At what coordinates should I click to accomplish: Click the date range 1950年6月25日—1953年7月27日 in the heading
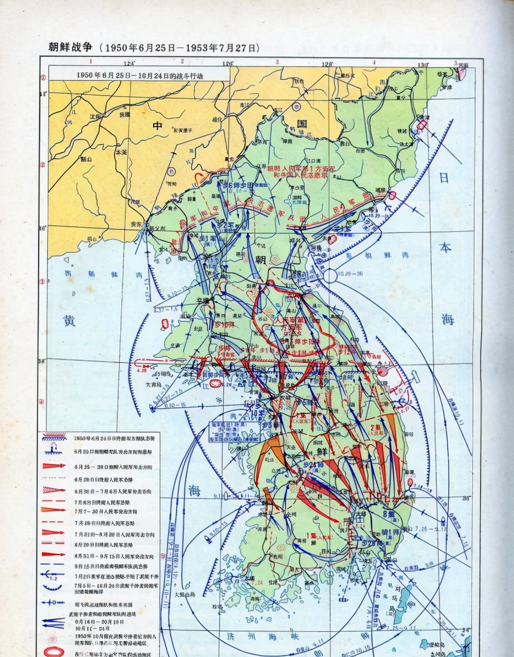[x=180, y=48]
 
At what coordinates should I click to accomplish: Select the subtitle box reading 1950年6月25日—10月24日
[x=139, y=74]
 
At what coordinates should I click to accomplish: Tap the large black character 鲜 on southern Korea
[x=322, y=451]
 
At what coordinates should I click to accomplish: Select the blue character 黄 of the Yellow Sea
[x=69, y=320]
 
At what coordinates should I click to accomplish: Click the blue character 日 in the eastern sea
[x=444, y=178]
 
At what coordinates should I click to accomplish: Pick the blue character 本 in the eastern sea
[x=445, y=247]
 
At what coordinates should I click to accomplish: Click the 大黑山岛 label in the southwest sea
[x=186, y=594]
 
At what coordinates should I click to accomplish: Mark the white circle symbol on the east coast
[x=329, y=276]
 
